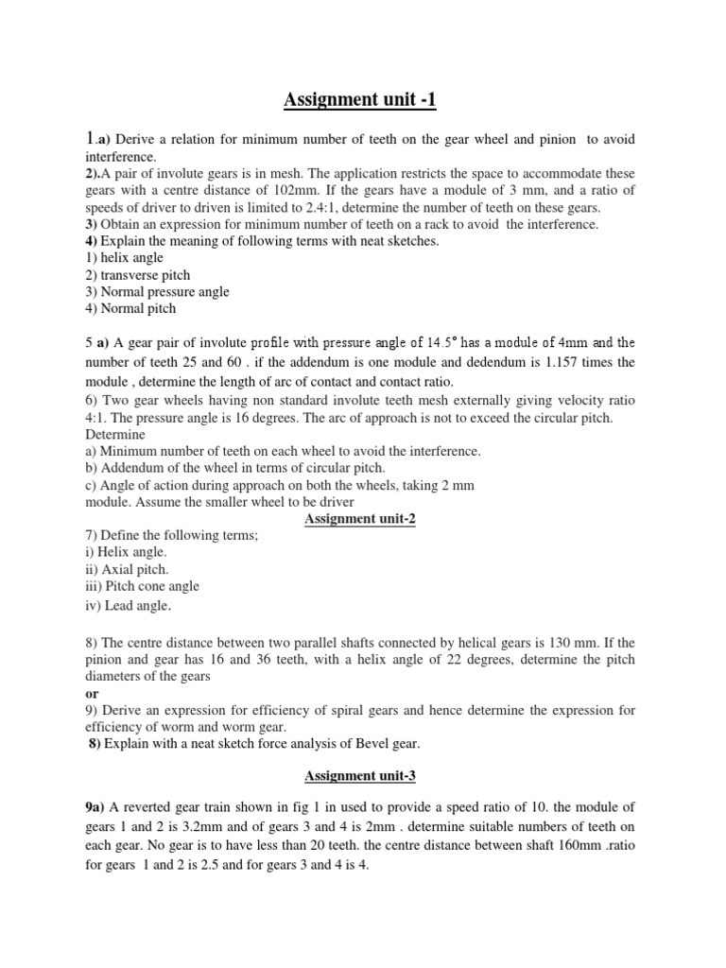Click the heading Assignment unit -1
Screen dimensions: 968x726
362,101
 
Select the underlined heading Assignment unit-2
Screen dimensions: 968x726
362,519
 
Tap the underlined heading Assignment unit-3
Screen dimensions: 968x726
362,776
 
